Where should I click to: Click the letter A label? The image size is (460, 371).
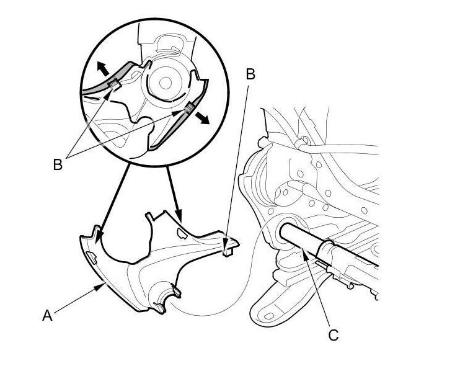47,315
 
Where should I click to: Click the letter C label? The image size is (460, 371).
334,335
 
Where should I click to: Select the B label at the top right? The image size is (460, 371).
250,74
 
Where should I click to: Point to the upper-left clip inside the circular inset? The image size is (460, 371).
113,84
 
